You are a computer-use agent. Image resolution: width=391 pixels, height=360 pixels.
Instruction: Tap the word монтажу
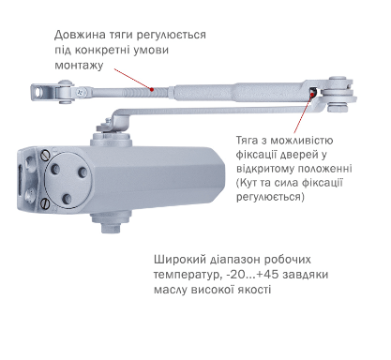(79, 66)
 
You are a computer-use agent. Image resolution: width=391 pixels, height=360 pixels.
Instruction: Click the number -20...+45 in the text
(252, 275)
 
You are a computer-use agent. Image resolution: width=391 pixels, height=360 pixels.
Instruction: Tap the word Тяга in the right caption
(247, 141)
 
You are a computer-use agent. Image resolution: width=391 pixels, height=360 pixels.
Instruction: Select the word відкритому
(265, 169)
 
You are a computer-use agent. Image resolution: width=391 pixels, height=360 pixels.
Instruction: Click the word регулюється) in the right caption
(270, 198)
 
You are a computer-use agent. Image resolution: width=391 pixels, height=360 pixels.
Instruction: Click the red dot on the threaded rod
(152, 90)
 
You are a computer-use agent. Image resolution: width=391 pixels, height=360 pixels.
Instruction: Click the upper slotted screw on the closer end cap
(46, 155)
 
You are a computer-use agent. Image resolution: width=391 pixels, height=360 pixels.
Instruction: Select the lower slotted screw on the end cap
(46, 203)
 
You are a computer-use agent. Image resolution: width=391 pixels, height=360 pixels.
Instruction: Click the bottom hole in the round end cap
(67, 198)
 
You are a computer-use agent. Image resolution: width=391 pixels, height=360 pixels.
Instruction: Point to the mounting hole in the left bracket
(38, 92)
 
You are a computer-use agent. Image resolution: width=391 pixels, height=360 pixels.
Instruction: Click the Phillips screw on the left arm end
(81, 92)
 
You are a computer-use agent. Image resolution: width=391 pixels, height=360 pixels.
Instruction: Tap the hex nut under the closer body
(112, 227)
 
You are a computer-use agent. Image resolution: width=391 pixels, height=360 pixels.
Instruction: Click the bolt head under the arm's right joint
(337, 108)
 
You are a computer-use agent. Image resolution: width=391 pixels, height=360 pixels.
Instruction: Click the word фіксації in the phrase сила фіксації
(323, 183)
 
